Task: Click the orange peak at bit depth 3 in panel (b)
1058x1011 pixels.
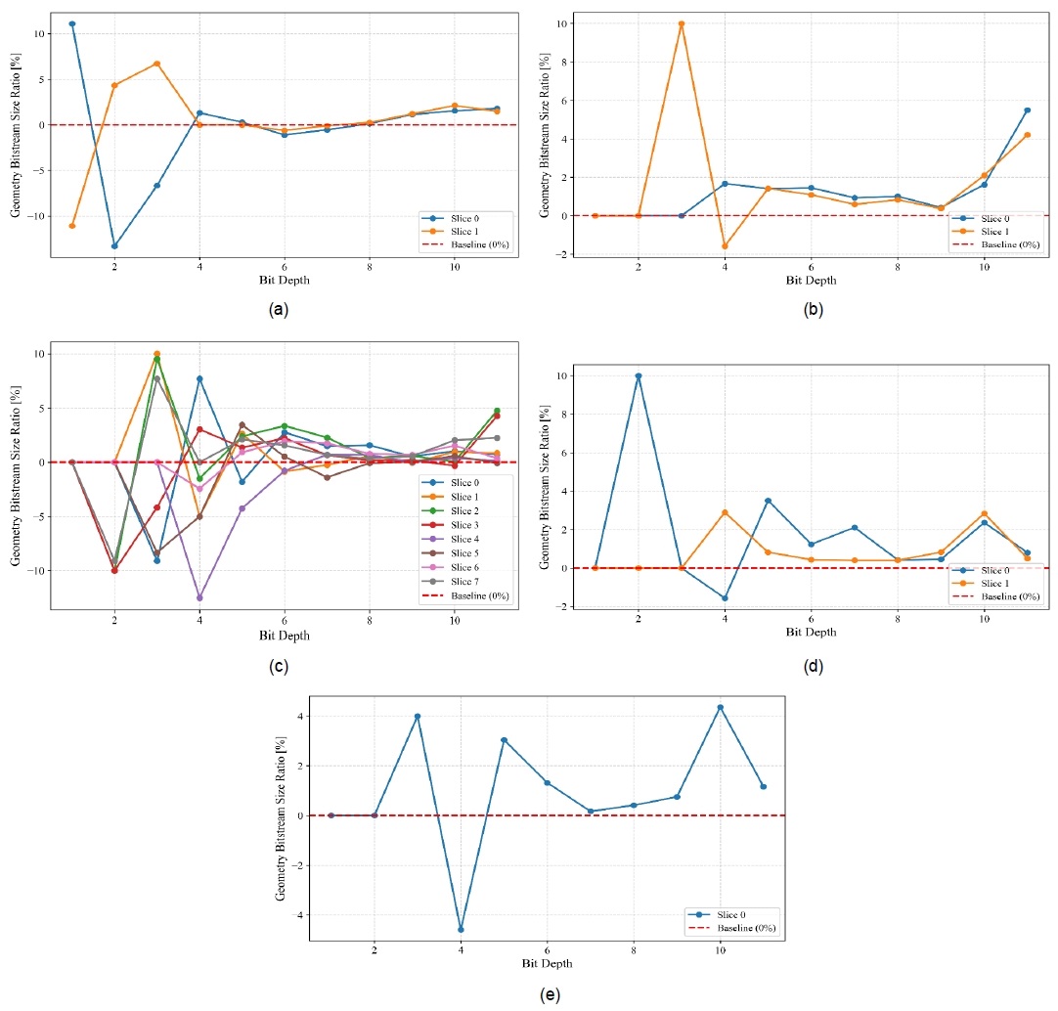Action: pyautogui.click(x=682, y=23)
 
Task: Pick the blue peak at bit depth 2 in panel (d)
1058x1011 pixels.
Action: pyautogui.click(x=639, y=375)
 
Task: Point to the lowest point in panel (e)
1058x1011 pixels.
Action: pyautogui.click(x=461, y=929)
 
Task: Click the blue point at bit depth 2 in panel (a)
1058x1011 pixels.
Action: pyautogui.click(x=114, y=245)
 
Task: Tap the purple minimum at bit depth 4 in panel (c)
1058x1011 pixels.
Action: pyautogui.click(x=199, y=597)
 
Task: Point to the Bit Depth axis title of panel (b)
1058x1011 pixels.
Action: pyautogui.click(x=811, y=280)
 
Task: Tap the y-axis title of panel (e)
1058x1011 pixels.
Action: pyautogui.click(x=283, y=817)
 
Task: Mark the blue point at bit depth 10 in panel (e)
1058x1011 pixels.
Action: pyautogui.click(x=720, y=707)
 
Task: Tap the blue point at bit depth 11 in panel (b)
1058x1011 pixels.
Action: pyautogui.click(x=1027, y=110)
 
